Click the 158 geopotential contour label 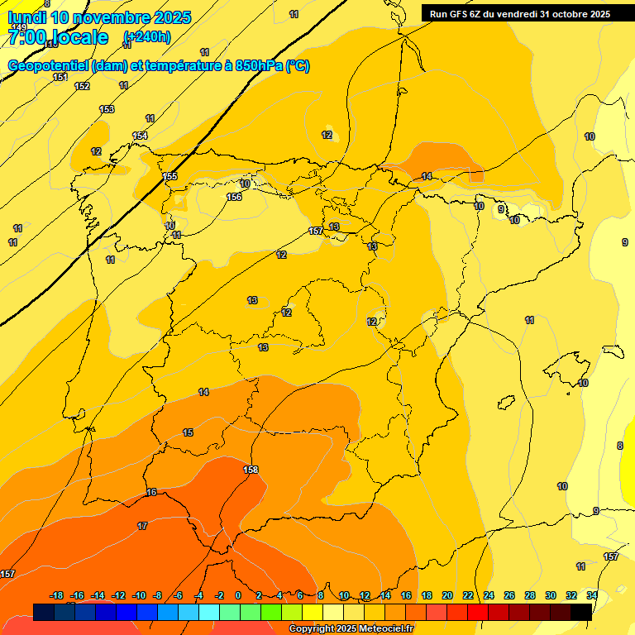click(251, 470)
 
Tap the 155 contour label click(169, 176)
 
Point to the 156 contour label click(234, 197)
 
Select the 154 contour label click(140, 136)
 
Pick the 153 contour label click(107, 109)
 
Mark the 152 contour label click(82, 86)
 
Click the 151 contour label click(60, 77)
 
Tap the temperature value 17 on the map click(142, 526)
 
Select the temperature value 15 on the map click(188, 432)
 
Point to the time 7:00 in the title click(31, 37)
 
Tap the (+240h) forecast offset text click(146, 36)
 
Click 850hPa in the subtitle click(259, 66)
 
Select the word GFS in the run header click(464, 14)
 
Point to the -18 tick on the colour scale click(56, 595)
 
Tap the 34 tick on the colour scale click(591, 595)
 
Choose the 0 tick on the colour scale click(238, 595)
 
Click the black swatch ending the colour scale click(581, 612)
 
